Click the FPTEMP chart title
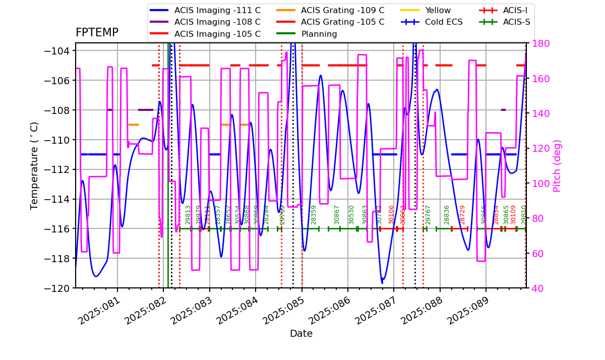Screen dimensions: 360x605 click(97, 33)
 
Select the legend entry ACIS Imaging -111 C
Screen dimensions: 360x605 click(217, 10)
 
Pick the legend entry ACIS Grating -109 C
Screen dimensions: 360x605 click(342, 10)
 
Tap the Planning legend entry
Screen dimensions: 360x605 click(319, 34)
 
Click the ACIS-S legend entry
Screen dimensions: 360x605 click(516, 22)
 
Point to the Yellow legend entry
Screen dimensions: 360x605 click(438, 10)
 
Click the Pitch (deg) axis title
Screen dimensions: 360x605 click(557, 166)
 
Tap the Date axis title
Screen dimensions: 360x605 click(301, 334)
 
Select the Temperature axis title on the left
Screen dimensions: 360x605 click(34, 166)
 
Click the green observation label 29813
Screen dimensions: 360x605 click(188, 214)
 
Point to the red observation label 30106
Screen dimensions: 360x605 click(391, 214)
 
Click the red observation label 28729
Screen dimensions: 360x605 click(462, 214)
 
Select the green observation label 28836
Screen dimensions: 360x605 click(447, 214)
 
